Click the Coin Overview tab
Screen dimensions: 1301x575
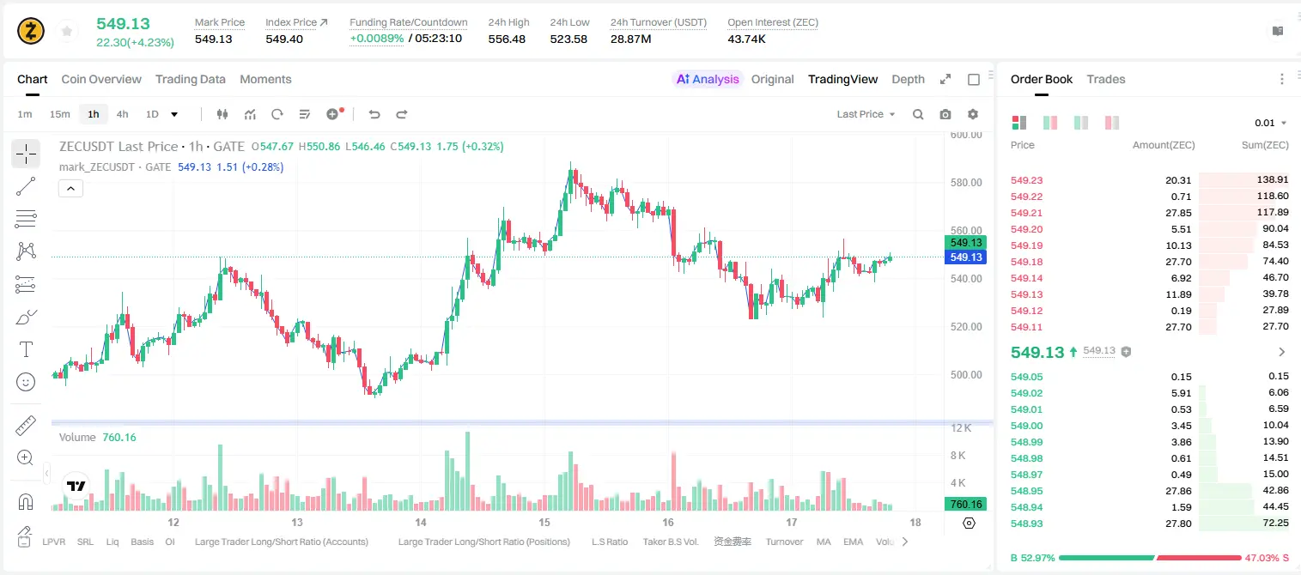(101, 80)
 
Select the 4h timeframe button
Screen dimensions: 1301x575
(122, 114)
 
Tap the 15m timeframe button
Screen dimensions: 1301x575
(60, 114)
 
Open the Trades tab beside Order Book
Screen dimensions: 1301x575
(1106, 80)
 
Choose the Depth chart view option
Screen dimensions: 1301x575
(908, 80)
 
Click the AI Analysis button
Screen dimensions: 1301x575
(708, 80)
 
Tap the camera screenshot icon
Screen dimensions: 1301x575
(945, 114)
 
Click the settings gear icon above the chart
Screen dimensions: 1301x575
(973, 114)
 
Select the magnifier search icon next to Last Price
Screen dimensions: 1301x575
(918, 114)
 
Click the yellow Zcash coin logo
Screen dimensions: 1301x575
(31, 31)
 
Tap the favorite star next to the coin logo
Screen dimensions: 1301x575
(67, 31)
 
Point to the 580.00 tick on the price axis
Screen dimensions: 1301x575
(966, 183)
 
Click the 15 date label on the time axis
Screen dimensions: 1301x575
(544, 522)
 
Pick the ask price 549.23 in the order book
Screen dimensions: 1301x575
(1026, 180)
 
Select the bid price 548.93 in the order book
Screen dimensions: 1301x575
(1026, 524)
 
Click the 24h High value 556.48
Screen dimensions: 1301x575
(507, 39)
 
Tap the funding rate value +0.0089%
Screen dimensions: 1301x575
(376, 39)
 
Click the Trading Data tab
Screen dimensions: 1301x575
(190, 80)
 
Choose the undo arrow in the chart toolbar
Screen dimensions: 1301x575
(374, 114)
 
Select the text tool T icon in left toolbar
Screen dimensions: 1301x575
(26, 349)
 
